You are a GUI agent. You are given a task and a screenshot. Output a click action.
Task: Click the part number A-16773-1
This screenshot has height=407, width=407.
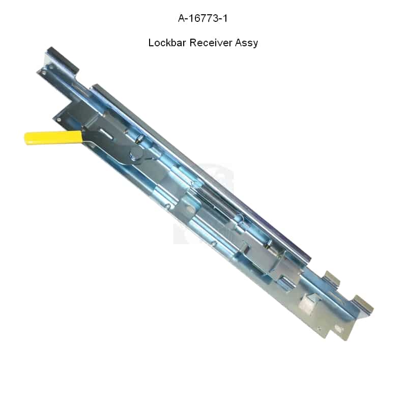[202, 18]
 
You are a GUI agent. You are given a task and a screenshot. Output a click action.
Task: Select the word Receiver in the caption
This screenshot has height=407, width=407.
[211, 43]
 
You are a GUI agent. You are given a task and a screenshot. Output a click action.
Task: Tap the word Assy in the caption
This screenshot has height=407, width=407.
[246, 43]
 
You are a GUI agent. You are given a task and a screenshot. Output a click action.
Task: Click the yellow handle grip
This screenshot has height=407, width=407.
[53, 137]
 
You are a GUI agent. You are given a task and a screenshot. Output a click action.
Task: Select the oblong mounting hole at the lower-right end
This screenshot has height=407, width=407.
[338, 329]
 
